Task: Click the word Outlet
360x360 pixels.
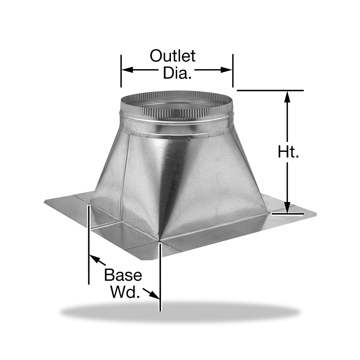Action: pos(173,56)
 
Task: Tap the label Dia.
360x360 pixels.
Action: pos(177,73)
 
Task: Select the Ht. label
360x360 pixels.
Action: pos(288,152)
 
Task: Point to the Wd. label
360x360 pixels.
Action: pos(125,292)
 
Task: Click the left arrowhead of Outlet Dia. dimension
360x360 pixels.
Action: pos(127,70)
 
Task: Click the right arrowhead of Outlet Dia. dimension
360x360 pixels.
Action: pos(226,70)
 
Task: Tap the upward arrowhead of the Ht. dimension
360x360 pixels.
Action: pos(287,96)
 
